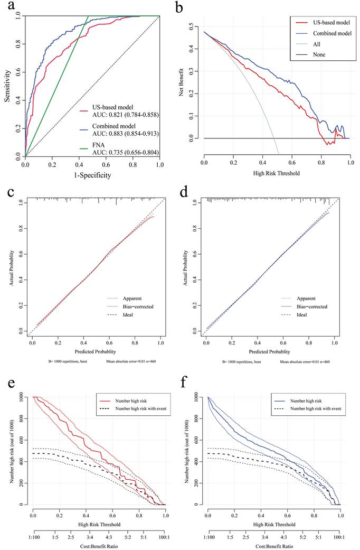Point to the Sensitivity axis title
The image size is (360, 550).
tap(7, 86)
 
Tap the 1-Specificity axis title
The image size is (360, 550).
tap(92, 175)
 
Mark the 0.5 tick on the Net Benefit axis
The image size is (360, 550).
tap(196, 26)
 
